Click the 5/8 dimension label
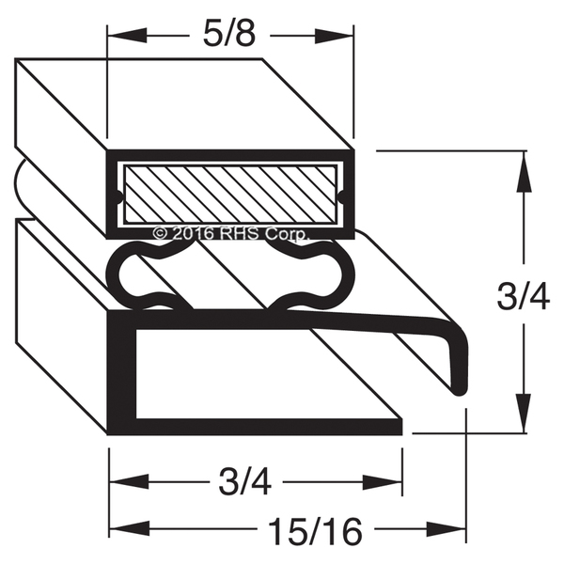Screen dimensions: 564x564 click(229, 36)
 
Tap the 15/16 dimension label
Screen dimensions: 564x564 click(315, 531)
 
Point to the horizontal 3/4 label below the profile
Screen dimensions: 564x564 click(245, 482)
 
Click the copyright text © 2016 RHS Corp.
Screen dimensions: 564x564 click(230, 234)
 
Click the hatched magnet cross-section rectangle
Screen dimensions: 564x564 click(230, 195)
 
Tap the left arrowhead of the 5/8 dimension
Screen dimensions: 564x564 click(127, 36)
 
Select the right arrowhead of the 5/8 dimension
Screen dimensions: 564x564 click(334, 36)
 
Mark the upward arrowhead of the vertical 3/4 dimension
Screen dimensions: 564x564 click(524, 170)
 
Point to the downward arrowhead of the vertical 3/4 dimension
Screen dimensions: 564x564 click(524, 414)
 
